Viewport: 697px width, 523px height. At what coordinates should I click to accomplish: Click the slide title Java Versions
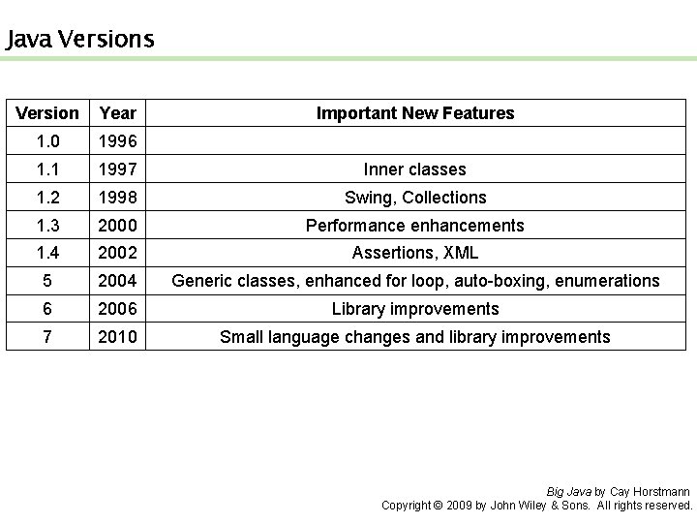tap(79, 40)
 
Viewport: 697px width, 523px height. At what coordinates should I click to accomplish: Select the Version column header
tap(47, 113)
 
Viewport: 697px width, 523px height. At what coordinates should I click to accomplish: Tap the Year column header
tap(118, 113)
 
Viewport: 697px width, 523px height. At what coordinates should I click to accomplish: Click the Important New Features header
tap(415, 113)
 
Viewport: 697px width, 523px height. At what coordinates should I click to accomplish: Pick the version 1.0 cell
tap(47, 141)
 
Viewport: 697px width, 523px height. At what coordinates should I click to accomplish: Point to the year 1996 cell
tap(118, 141)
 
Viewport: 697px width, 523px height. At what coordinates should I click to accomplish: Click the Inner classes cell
tap(415, 169)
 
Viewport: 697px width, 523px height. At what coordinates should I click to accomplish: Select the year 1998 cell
tap(118, 198)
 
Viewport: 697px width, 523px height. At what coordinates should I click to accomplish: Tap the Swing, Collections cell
tap(415, 198)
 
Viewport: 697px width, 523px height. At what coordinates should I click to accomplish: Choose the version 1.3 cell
tap(47, 226)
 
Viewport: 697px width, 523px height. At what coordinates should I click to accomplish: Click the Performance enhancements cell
tap(415, 226)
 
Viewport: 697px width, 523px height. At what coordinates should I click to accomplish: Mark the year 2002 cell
tap(118, 254)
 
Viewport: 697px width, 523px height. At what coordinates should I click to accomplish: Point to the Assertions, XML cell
tap(415, 254)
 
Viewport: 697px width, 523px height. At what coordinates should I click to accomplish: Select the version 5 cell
tap(47, 282)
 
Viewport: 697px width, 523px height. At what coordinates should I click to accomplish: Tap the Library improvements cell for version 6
tap(415, 309)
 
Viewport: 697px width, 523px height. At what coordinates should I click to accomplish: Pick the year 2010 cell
tap(118, 337)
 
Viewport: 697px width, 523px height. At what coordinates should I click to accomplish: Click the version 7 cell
tap(47, 337)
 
